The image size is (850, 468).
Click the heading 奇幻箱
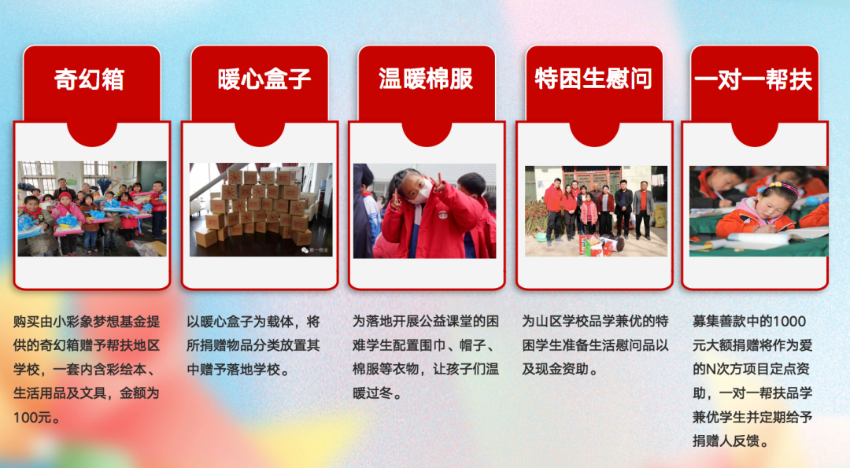(89, 80)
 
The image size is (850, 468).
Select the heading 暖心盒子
(264, 80)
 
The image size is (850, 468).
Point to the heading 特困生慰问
(593, 80)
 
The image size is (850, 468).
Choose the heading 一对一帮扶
(754, 80)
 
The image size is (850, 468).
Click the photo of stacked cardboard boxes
(260, 209)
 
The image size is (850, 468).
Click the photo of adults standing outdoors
(596, 211)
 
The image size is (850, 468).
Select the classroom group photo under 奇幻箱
(92, 208)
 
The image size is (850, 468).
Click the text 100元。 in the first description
(37, 418)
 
